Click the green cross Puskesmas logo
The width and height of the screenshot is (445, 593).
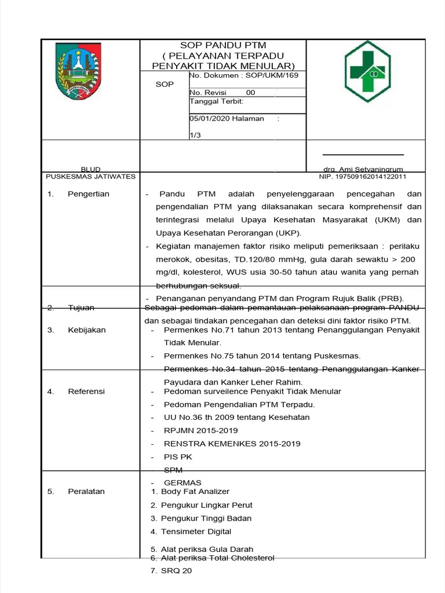pyautogui.click(x=368, y=71)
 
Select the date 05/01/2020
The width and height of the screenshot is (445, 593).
pyautogui.click(x=210, y=118)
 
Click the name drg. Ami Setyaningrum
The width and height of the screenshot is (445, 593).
pyautogui.click(x=363, y=169)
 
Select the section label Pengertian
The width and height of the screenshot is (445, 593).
pyautogui.click(x=88, y=194)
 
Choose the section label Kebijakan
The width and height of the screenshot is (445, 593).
pyautogui.click(x=87, y=330)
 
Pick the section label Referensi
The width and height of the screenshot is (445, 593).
pyautogui.click(x=86, y=391)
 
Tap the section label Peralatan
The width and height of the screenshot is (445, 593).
pyautogui.click(x=86, y=492)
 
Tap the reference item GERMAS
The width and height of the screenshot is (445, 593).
pyautogui.click(x=183, y=483)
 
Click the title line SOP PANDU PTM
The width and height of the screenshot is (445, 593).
pyautogui.click(x=223, y=45)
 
